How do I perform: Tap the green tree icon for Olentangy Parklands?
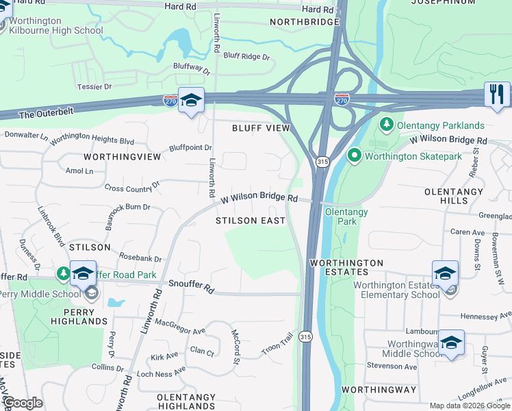pyautogui.click(x=387, y=125)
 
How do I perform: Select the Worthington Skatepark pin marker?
pyautogui.click(x=354, y=155)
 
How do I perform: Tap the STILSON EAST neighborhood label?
pyautogui.click(x=250, y=221)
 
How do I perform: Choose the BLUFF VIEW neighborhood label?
pyautogui.click(x=261, y=128)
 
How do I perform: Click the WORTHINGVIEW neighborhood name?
pyautogui.click(x=122, y=157)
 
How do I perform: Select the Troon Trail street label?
pyautogui.click(x=277, y=344)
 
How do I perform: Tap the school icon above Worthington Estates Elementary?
pyautogui.click(x=445, y=273)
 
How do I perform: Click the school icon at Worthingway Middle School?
pyautogui.click(x=451, y=342)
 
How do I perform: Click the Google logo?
pyautogui.click(x=23, y=403)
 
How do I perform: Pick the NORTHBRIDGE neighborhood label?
pyautogui.click(x=305, y=22)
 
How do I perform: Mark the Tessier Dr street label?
pyautogui.click(x=94, y=87)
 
